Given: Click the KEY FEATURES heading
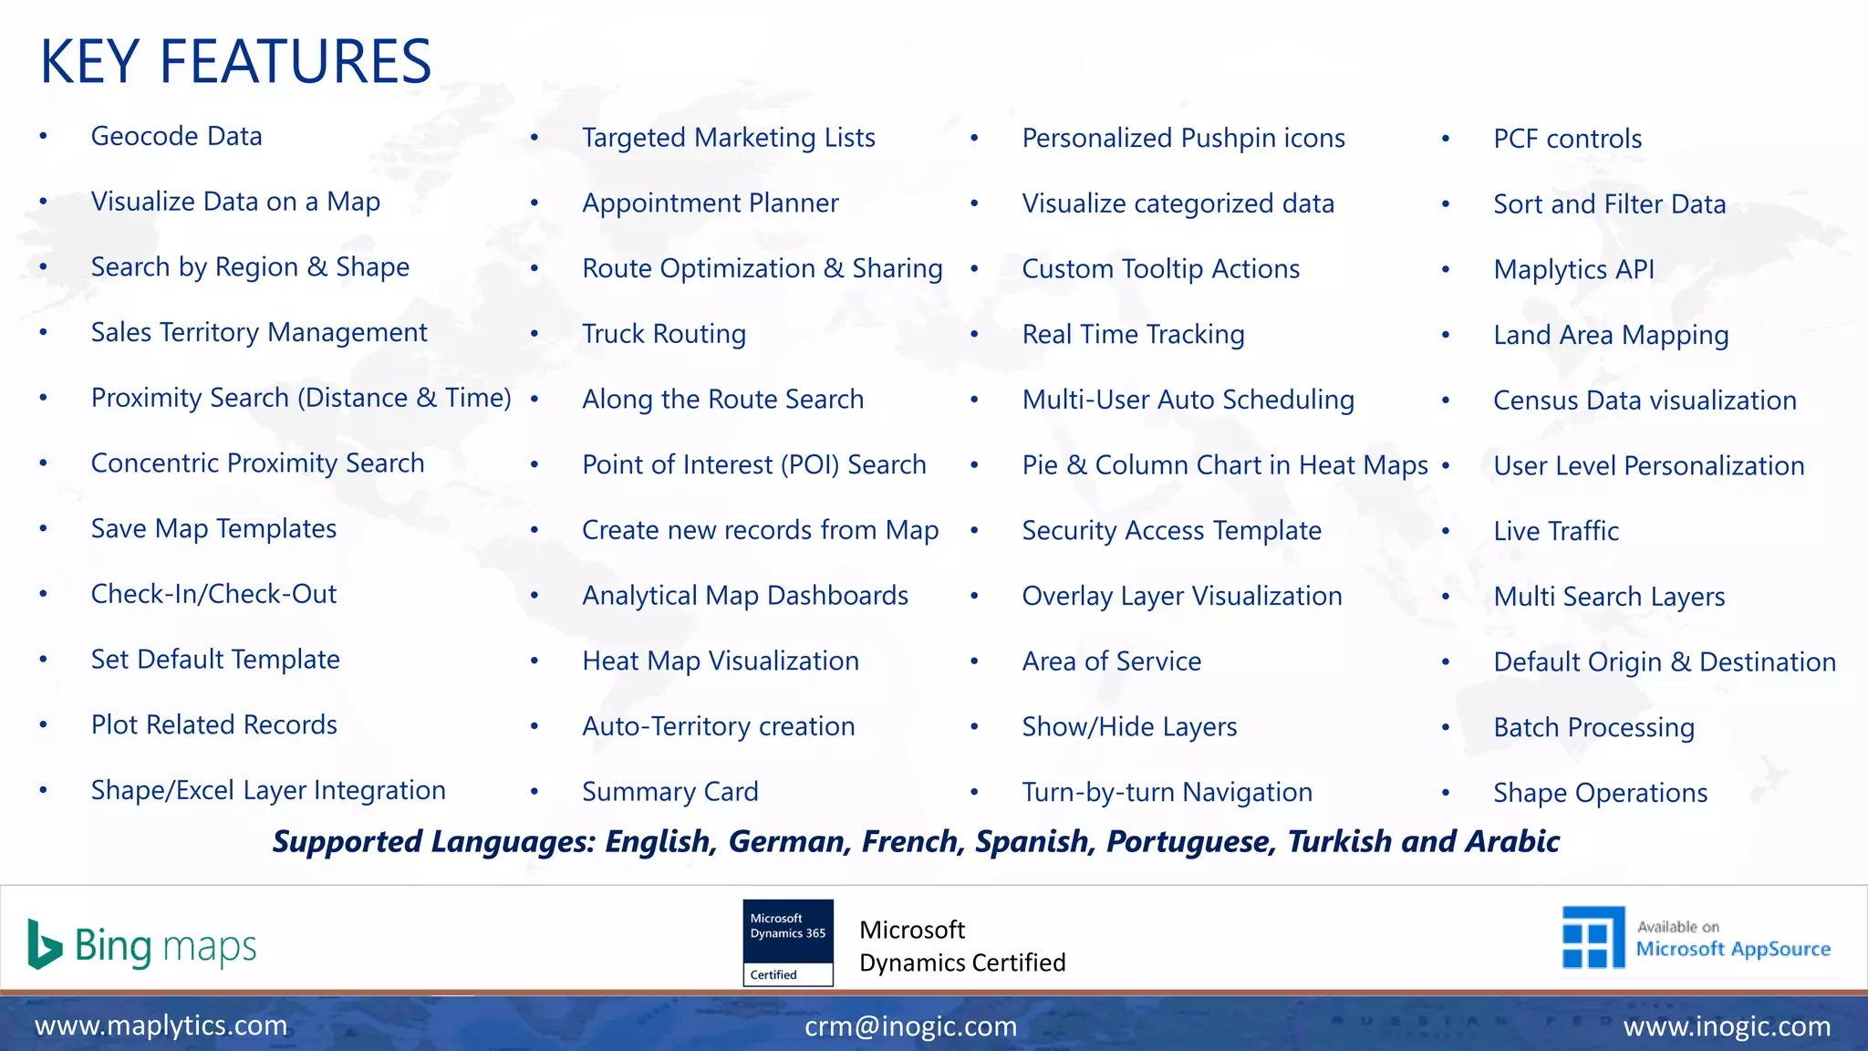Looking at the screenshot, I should pyautogui.click(x=235, y=62).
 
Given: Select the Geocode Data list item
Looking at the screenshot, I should pyautogui.click(x=176, y=137).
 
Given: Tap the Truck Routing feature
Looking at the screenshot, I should pyautogui.click(x=664, y=334).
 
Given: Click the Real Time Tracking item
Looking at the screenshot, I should pyautogui.click(x=1133, y=335).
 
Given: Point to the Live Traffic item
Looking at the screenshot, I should pyautogui.click(x=1556, y=531).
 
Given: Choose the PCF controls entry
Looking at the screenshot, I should pyautogui.click(x=1567, y=139).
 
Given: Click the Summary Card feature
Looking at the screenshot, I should pyautogui.click(x=670, y=792).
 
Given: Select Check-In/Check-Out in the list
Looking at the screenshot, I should pyautogui.click(x=213, y=595).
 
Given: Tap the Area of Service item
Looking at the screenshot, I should pyautogui.click(x=1111, y=661).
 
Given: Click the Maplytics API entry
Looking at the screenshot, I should pyautogui.click(x=1573, y=270).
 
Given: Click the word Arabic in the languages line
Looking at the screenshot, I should pyautogui.click(x=1513, y=841).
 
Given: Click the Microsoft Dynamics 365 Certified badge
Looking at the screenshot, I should pyautogui.click(x=788, y=942).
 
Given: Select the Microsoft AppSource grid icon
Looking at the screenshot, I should pyautogui.click(x=1593, y=938).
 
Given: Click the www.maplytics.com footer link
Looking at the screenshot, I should pyautogui.click(x=161, y=1025).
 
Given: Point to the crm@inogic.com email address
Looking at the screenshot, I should pyautogui.click(x=910, y=1026).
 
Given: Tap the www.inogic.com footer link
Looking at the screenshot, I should pyautogui.click(x=1727, y=1026).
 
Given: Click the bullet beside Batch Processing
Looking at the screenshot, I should pyautogui.click(x=1446, y=728).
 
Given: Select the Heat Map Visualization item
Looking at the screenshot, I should pyautogui.click(x=721, y=661).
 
